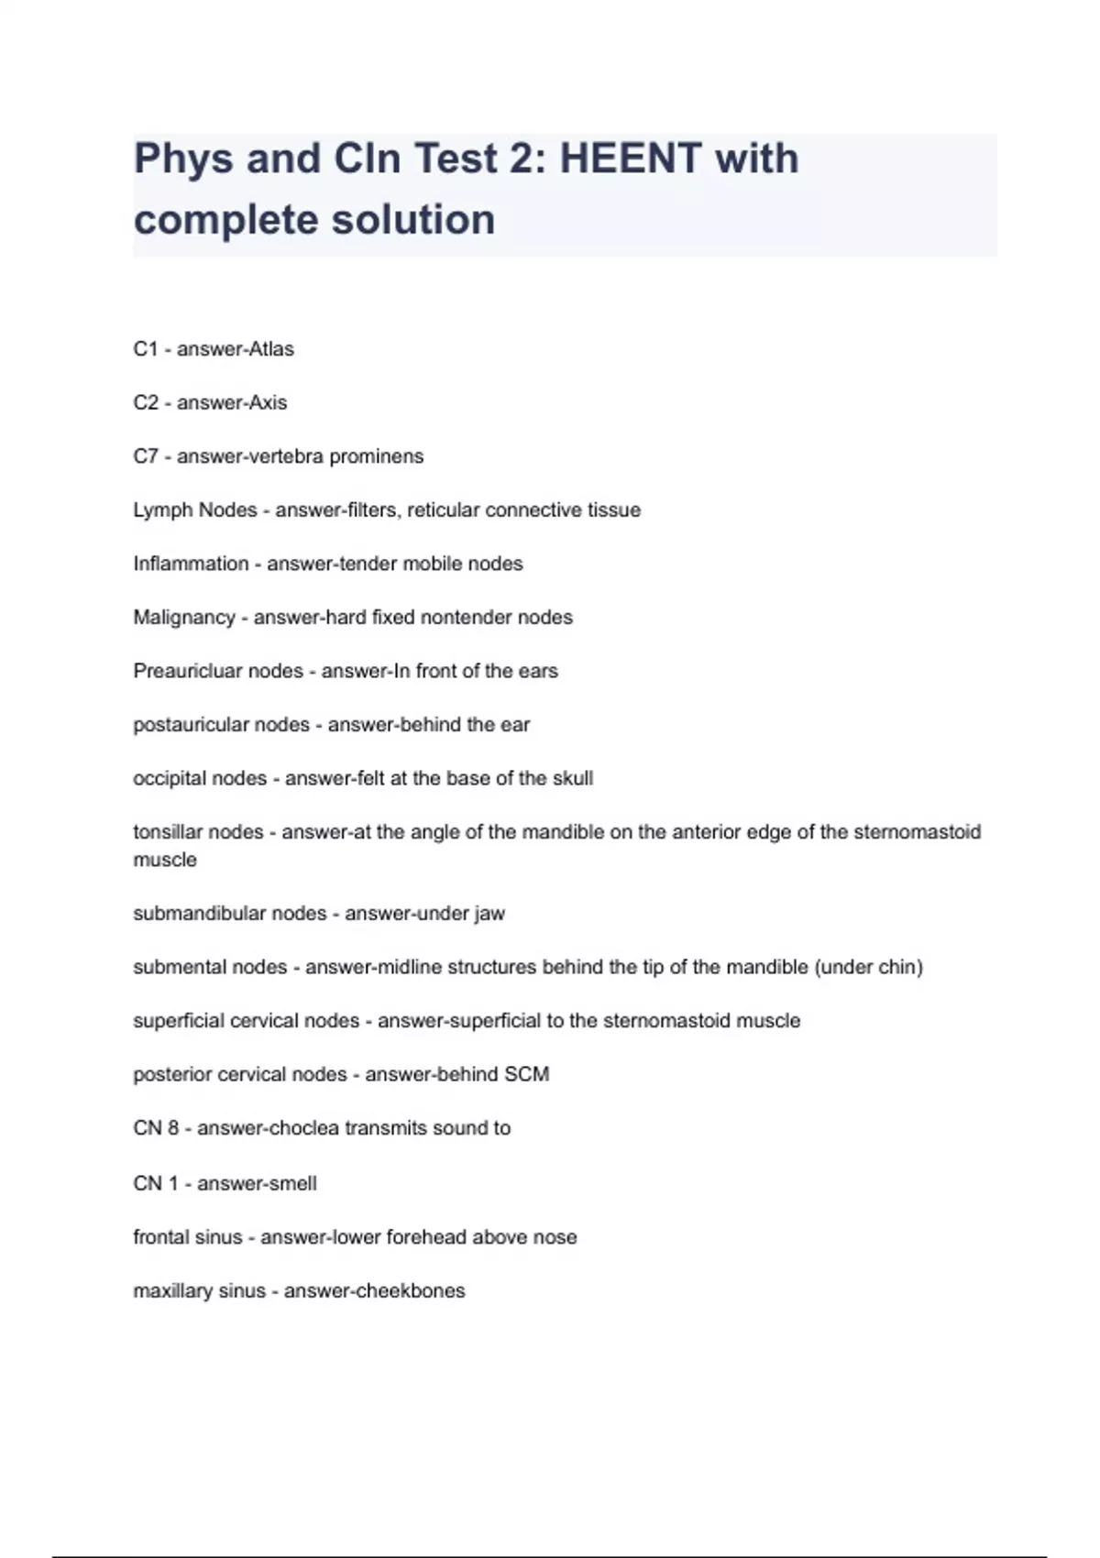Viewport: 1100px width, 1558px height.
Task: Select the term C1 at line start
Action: (146, 349)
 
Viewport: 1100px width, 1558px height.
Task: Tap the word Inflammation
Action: (191, 564)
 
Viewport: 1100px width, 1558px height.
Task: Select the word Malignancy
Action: (184, 618)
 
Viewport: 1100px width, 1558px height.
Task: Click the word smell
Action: (291, 1183)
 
